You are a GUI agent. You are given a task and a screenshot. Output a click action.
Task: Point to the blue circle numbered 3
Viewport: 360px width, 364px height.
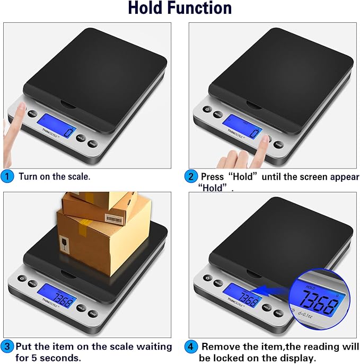pos(7,347)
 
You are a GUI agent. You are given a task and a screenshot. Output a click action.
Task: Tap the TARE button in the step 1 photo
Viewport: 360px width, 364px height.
pos(93,144)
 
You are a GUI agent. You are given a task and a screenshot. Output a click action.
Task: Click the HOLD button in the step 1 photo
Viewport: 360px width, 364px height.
pos(81,138)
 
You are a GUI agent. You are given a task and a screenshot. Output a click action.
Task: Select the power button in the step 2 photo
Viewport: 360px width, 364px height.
pos(206,110)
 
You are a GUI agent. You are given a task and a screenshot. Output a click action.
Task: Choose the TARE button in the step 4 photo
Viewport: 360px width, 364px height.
pos(278,313)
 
